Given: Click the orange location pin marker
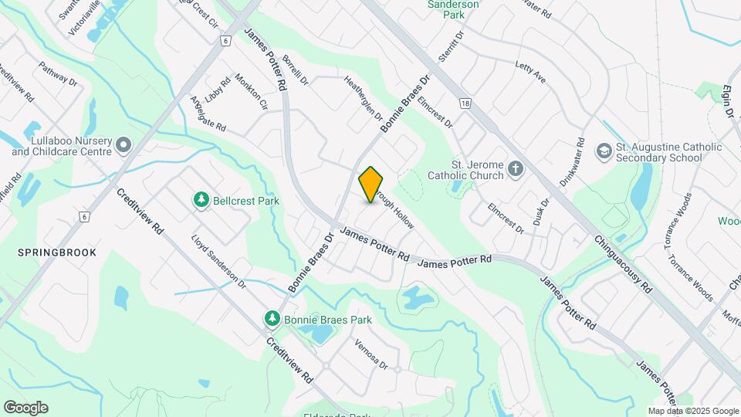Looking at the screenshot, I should pyautogui.click(x=371, y=185).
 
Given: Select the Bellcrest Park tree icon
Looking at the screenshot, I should pyautogui.click(x=201, y=201).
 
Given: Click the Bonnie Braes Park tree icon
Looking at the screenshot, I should pyautogui.click(x=272, y=319).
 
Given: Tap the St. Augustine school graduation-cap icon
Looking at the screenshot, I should pyautogui.click(x=604, y=151).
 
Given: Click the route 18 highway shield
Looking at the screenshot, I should pyautogui.click(x=464, y=102).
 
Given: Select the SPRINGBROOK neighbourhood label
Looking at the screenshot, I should pyautogui.click(x=48, y=253).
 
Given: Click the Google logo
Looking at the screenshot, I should pyautogui.click(x=25, y=407).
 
